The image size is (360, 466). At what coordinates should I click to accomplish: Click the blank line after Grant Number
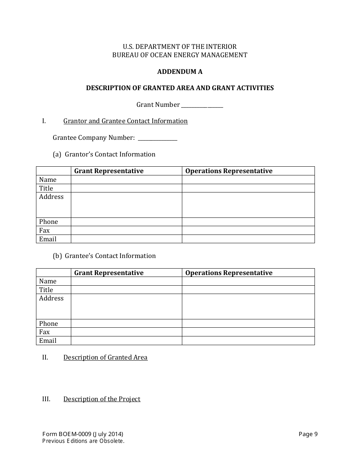click(x=202, y=105)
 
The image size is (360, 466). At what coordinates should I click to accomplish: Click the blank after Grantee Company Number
click(x=157, y=138)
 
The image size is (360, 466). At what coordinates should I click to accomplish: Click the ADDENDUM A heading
click(x=180, y=72)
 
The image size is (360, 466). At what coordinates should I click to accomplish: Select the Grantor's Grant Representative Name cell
click(x=126, y=180)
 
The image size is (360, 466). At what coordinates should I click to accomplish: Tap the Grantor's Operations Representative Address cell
click(x=248, y=205)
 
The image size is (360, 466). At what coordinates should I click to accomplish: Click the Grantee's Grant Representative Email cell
click(x=126, y=341)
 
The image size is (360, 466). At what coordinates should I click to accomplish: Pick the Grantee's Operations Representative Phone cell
click(x=248, y=324)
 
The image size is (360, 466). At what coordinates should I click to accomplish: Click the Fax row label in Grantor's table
click(x=44, y=230)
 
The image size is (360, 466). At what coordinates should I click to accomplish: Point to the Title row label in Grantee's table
click(x=46, y=290)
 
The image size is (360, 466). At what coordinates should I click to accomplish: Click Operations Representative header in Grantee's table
click(x=229, y=273)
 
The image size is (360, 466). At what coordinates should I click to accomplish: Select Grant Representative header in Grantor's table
click(x=109, y=171)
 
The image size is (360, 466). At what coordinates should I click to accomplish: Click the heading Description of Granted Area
click(x=105, y=357)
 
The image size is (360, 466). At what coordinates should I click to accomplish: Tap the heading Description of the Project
click(x=102, y=399)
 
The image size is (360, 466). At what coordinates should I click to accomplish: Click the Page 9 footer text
click(x=308, y=434)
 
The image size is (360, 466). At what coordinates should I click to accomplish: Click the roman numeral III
click(x=46, y=399)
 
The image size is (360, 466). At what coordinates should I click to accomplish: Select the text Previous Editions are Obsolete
click(x=83, y=441)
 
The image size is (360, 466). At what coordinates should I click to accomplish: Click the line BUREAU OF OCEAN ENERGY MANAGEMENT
click(x=180, y=55)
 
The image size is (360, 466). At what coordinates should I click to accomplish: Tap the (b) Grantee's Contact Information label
click(x=104, y=256)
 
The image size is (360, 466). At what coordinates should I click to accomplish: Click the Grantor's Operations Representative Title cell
click(x=248, y=188)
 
